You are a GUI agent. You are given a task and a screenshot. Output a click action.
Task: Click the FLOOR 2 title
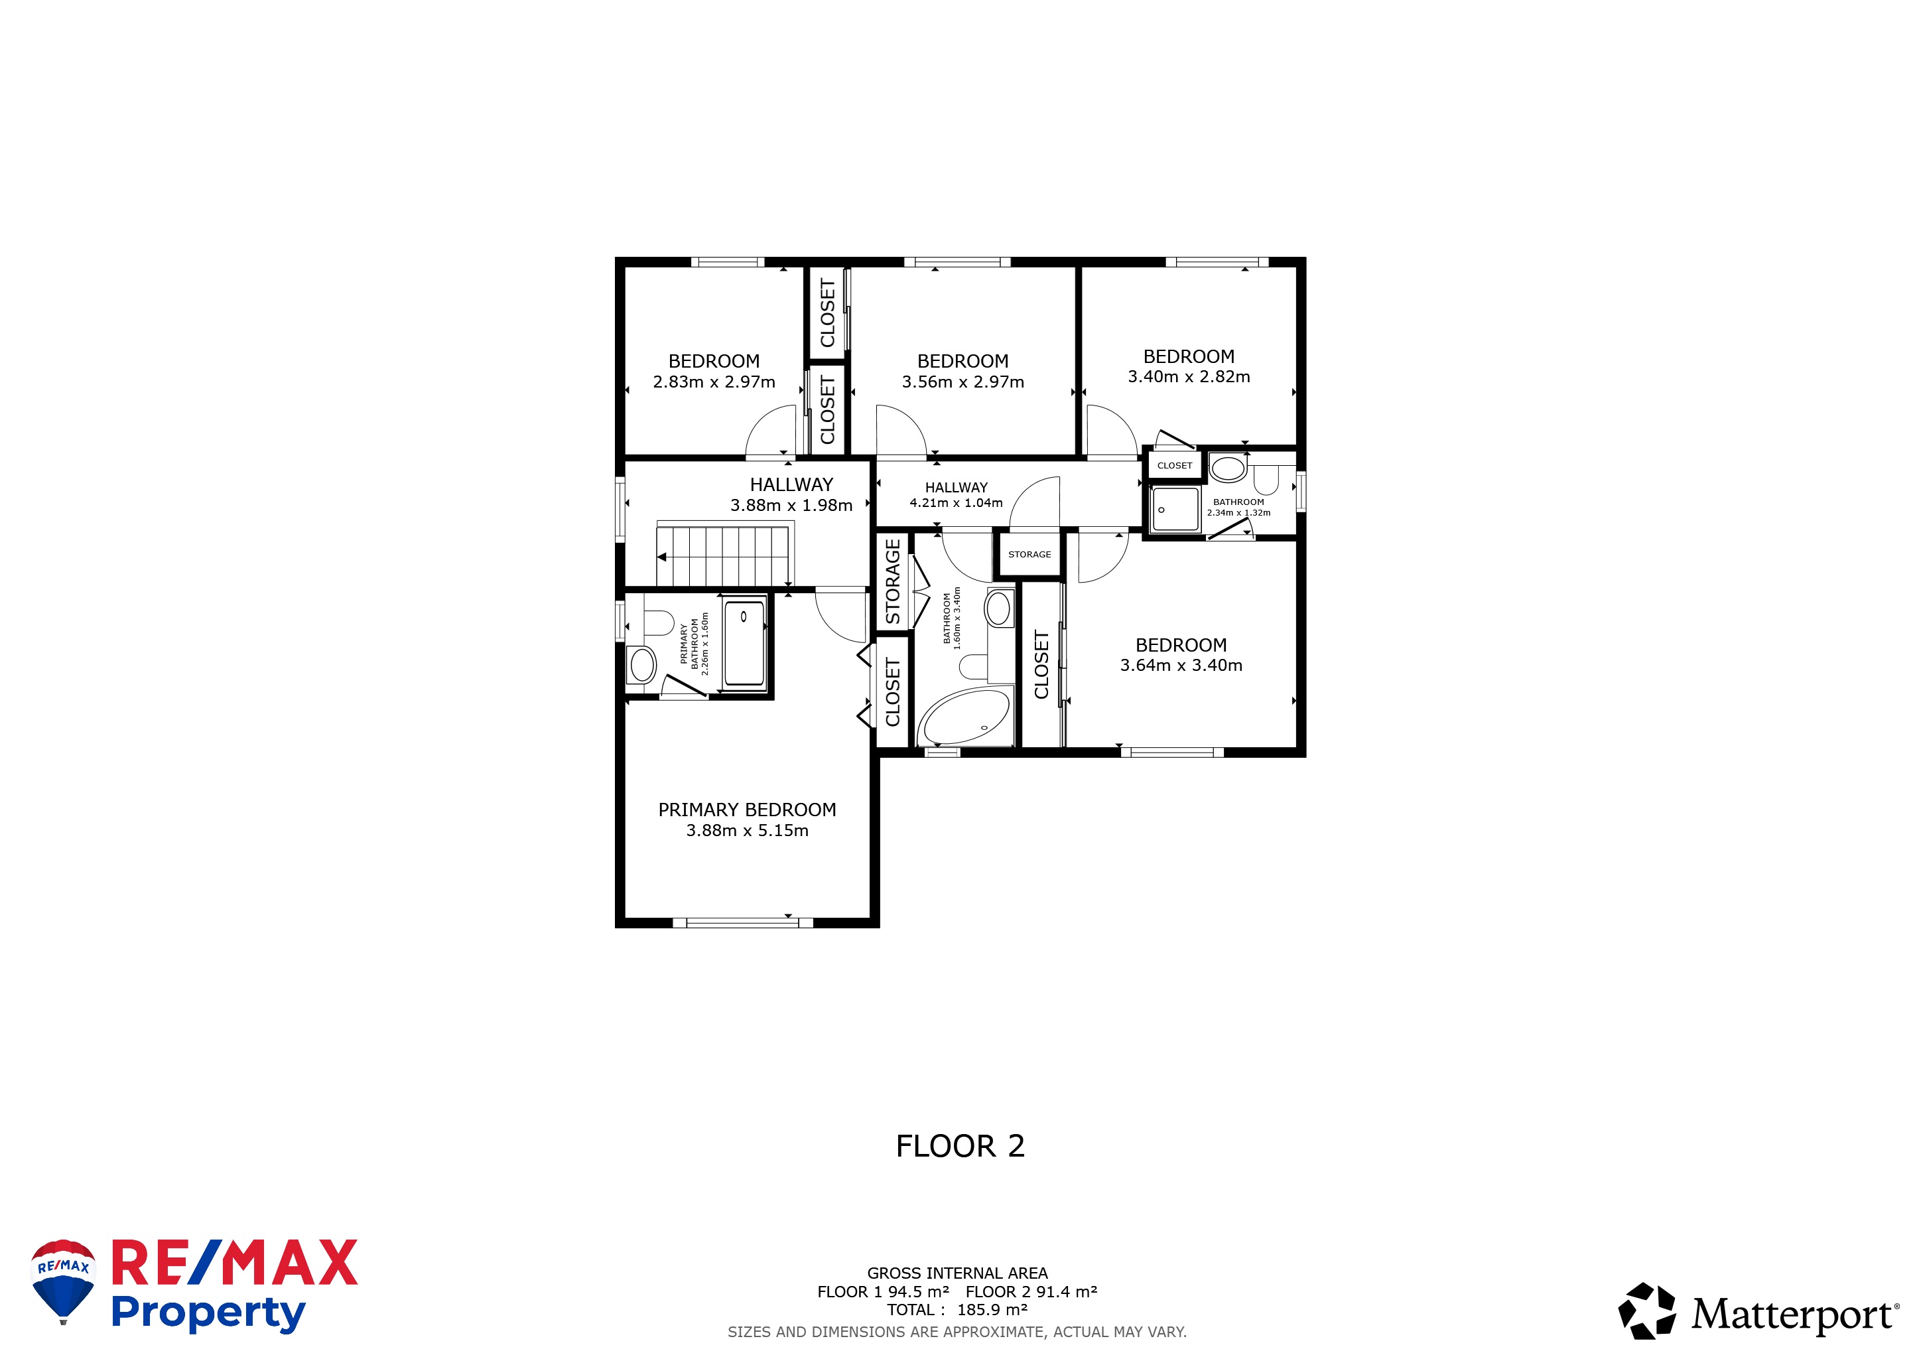[x=960, y=1145]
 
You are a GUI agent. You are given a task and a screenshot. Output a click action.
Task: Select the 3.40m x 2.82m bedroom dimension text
[x=1189, y=376]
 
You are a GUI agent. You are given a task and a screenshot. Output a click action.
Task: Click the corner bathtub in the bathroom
[x=964, y=716]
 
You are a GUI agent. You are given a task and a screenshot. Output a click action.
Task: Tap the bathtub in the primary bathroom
[x=744, y=642]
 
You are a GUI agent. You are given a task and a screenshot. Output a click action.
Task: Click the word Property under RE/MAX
[x=208, y=1313]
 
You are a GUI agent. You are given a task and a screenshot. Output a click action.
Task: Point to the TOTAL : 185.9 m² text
[x=957, y=1310]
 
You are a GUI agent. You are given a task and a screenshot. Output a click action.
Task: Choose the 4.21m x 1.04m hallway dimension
[x=957, y=503]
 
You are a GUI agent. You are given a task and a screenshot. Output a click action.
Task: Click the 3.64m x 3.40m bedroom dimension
[x=1181, y=666]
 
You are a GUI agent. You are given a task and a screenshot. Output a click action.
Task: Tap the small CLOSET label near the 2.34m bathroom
[x=1175, y=465]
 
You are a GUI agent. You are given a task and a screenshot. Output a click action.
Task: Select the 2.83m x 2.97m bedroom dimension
[x=714, y=382]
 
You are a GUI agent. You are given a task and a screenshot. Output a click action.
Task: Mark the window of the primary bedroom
[x=743, y=922]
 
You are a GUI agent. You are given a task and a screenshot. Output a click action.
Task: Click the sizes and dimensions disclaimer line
[x=957, y=1331]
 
